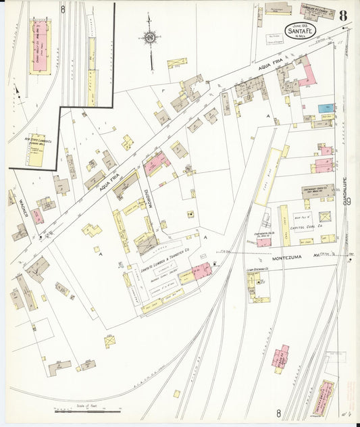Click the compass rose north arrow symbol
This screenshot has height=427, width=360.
point(149,37)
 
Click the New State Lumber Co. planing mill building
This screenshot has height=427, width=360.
point(34,152)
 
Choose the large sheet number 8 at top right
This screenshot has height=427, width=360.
point(344,14)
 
